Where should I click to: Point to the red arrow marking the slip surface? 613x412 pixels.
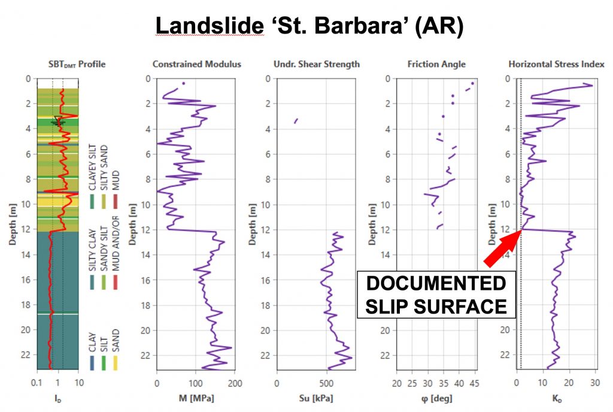point(502,248)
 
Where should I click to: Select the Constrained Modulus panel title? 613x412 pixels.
point(196,64)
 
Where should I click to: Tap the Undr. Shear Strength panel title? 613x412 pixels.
point(316,64)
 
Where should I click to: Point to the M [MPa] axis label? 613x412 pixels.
point(196,398)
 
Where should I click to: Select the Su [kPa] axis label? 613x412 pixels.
point(316,398)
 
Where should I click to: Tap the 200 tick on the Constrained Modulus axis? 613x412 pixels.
point(235,381)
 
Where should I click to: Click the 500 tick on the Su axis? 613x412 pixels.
point(327,381)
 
